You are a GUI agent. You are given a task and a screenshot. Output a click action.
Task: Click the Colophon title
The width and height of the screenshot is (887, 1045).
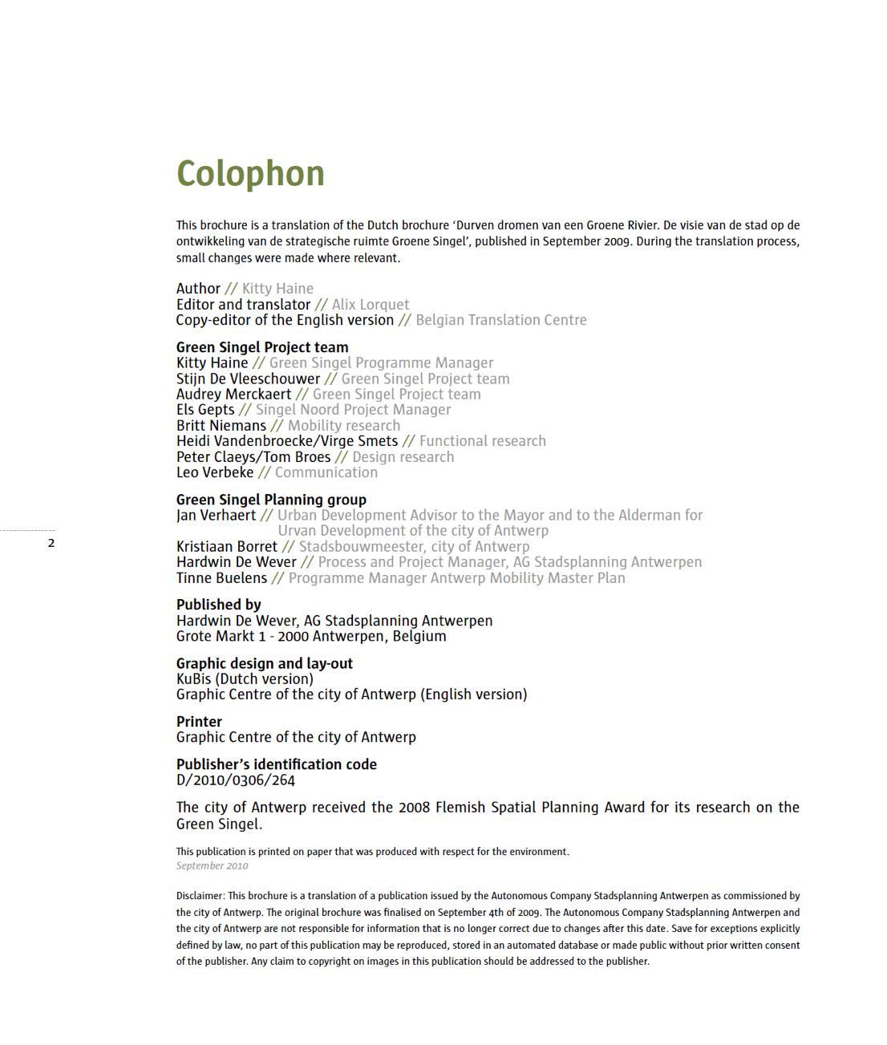click(x=250, y=174)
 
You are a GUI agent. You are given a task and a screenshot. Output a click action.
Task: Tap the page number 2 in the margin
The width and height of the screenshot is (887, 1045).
click(x=51, y=543)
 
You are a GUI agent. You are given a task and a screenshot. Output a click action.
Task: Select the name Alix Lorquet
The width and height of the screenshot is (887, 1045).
click(x=371, y=305)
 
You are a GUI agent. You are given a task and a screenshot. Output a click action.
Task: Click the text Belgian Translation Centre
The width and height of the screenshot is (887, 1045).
click(x=501, y=320)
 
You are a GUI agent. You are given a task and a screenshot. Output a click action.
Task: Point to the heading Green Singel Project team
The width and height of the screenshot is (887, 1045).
click(x=262, y=347)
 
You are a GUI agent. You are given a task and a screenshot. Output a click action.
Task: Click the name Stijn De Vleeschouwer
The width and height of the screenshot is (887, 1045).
click(x=248, y=379)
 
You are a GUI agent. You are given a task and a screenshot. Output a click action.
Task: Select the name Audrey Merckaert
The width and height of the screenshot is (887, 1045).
click(x=233, y=394)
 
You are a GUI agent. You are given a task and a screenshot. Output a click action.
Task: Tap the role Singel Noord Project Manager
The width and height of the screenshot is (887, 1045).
click(x=353, y=410)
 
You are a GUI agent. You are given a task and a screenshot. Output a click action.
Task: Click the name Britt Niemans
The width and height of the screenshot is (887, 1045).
click(x=221, y=425)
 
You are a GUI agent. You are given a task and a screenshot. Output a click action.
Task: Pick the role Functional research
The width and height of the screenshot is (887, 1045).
click(x=482, y=441)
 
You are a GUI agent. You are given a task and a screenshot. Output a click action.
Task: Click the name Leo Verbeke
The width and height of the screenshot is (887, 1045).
click(x=215, y=472)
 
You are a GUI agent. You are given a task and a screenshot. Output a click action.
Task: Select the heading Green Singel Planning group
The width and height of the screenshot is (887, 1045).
click(x=271, y=500)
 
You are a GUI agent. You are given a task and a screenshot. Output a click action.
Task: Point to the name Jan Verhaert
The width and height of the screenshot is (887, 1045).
click(x=216, y=515)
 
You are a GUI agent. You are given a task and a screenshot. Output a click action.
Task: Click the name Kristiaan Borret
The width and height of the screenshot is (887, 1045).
click(x=226, y=546)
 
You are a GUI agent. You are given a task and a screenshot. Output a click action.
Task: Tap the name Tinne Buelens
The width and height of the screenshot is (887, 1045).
click(x=221, y=577)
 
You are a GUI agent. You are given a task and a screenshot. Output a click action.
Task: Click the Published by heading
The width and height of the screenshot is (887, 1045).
click(x=218, y=605)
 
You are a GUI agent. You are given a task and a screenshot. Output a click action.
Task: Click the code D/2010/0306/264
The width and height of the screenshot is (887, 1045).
click(x=236, y=780)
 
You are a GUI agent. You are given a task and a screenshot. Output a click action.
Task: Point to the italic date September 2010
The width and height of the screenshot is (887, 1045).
click(x=212, y=865)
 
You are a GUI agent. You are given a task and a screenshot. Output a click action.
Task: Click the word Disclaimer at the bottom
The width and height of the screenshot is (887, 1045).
click(x=200, y=896)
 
